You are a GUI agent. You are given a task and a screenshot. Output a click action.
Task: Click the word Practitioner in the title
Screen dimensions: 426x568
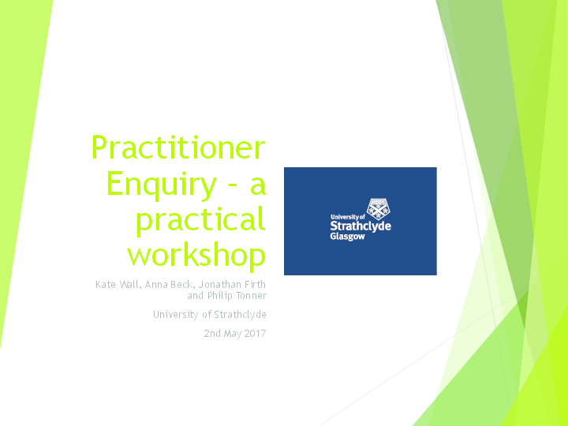(x=178, y=148)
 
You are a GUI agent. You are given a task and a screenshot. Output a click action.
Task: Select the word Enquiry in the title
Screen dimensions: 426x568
(x=160, y=185)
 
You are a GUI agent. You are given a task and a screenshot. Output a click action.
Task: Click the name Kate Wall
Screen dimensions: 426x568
(x=117, y=284)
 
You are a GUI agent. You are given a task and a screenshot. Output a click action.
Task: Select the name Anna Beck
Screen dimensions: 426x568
(x=169, y=284)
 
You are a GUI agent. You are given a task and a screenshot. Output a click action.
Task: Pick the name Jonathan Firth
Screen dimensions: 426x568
(x=232, y=284)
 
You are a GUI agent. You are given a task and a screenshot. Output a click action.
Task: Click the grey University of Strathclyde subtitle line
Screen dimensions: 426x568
(x=210, y=315)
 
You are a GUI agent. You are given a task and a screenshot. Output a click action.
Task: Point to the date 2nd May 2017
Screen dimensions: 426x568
(x=234, y=334)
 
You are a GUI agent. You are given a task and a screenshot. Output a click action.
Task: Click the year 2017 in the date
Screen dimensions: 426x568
(x=255, y=334)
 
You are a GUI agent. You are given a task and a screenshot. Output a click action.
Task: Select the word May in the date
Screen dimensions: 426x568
(x=231, y=334)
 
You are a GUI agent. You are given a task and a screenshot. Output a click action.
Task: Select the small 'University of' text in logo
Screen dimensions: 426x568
(x=347, y=215)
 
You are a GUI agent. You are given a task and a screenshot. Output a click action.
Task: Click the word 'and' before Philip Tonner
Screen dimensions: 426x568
(x=195, y=296)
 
